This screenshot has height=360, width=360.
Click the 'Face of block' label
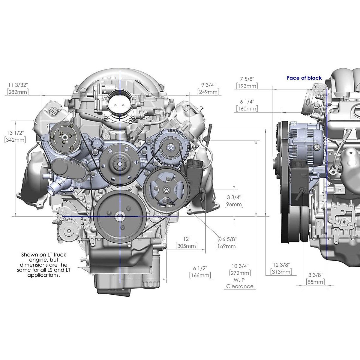click(304, 78)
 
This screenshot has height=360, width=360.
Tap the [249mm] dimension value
click(208, 92)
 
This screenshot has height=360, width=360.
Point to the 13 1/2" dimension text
click(15, 133)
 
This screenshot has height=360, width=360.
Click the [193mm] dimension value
click(247, 86)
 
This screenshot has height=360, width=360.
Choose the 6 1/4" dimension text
click(247, 102)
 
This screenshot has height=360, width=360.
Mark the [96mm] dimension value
click(234, 204)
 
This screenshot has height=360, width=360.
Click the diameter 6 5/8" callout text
click(227, 239)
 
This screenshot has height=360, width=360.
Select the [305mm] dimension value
click(186, 246)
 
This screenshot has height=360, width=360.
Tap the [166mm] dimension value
click(200, 275)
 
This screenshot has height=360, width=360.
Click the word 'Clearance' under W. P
click(240, 286)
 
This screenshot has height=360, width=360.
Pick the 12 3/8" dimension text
click(281, 265)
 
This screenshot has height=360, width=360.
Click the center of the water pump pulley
click(120, 164)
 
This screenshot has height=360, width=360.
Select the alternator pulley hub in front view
click(169, 148)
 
